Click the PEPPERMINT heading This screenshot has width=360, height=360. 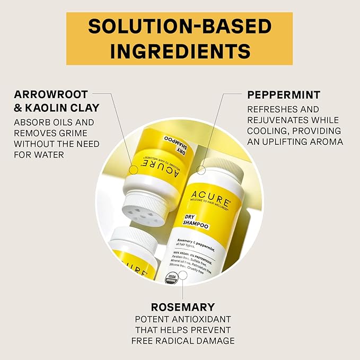[284, 95]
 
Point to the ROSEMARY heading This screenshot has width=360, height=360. [183, 307]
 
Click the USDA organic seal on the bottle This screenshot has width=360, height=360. [171, 278]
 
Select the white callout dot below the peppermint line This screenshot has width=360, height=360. [201, 170]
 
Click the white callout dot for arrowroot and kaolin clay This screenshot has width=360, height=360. [134, 170]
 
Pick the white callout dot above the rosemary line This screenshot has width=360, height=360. [182, 275]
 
